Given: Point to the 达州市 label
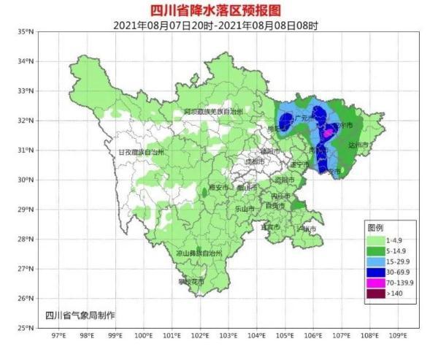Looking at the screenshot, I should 359,145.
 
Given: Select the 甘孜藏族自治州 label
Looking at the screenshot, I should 142,152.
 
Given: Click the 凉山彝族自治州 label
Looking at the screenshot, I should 199,252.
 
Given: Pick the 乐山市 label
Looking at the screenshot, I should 245,209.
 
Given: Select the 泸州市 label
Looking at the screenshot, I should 306,229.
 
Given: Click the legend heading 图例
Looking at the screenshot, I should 375,227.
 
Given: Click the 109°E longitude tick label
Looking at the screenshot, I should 398,337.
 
